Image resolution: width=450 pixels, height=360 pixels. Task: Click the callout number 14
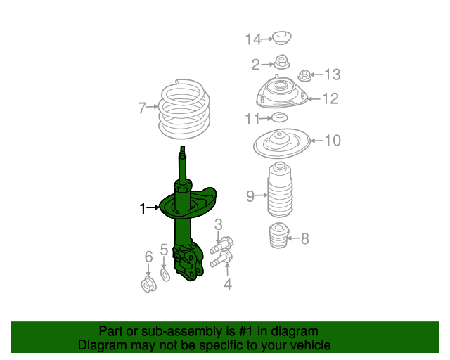[253, 39]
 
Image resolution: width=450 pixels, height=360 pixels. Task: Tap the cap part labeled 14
[281, 38]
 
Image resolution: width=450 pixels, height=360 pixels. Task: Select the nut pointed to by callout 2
[281, 62]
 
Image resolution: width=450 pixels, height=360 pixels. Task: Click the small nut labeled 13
[304, 75]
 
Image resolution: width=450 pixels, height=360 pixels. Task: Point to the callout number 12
[331, 98]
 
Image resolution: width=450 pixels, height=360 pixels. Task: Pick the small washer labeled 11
[280, 117]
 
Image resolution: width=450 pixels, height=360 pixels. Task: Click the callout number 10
[333, 141]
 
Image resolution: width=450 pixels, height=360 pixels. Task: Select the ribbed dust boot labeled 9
[280, 190]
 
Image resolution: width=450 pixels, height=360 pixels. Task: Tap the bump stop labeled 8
[278, 235]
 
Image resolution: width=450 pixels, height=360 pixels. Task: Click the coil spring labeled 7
[184, 109]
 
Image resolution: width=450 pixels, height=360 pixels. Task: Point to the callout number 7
[142, 108]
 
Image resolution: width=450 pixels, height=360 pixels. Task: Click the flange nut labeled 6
[148, 284]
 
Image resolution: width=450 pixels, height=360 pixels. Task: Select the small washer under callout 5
[165, 275]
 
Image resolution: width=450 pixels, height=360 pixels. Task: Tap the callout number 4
[228, 284]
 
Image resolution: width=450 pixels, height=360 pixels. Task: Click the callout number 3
[219, 224]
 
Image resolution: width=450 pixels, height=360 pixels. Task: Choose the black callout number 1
[143, 208]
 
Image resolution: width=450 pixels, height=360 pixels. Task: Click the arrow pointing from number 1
[153, 207]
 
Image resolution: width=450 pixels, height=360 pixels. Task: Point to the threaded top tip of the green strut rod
[182, 148]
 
